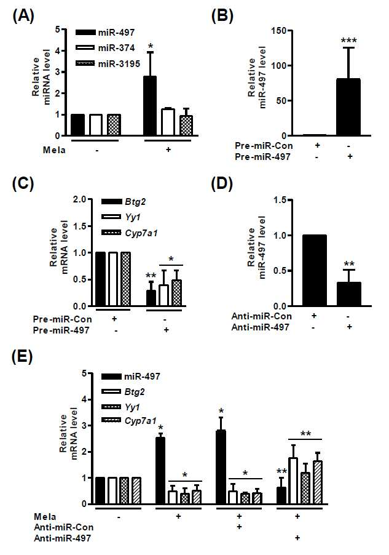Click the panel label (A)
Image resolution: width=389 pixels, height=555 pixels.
(23, 16)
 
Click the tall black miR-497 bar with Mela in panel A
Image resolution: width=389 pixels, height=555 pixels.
(150, 106)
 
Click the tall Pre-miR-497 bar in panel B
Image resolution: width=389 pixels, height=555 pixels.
(348, 107)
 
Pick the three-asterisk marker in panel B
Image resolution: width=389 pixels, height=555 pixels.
(348, 41)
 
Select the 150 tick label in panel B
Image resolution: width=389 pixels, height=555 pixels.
(278, 30)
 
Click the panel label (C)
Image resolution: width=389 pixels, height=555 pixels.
(23, 185)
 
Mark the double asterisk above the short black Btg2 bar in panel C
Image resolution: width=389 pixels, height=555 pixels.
(151, 276)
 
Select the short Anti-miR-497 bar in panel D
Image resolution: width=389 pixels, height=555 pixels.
(348, 294)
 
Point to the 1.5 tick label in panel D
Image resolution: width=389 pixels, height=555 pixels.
(280, 200)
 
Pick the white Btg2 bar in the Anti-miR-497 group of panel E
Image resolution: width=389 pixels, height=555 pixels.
(293, 481)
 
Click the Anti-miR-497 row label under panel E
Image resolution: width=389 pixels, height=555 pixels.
(62, 538)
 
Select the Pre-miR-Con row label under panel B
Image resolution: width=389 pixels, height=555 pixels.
(264, 146)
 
